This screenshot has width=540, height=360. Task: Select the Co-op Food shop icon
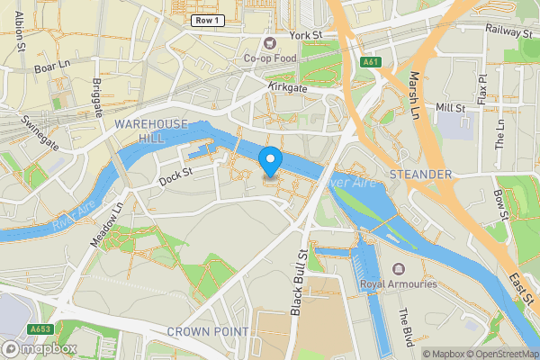coord(267,42)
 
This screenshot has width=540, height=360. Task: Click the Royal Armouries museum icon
coord(399,269)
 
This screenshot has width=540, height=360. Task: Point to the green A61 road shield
coord(370,63)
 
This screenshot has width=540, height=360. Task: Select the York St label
coord(305,35)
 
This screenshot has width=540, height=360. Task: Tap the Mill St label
coord(450,108)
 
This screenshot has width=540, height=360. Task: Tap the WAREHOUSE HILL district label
coord(150,130)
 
